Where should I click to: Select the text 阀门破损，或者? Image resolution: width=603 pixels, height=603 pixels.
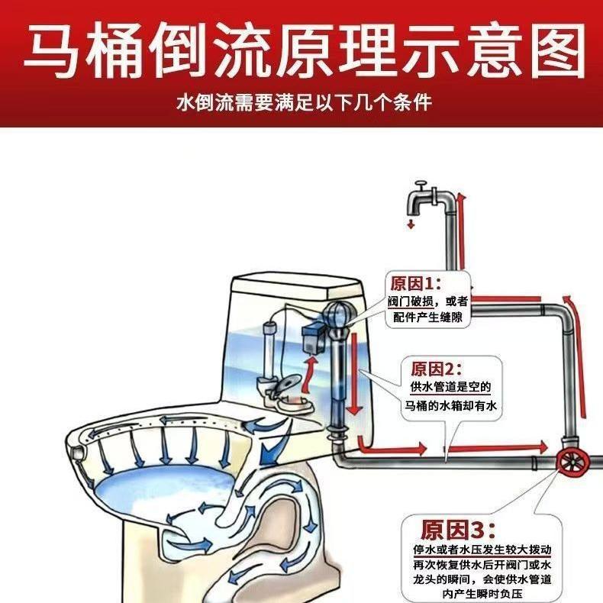(x=428, y=301)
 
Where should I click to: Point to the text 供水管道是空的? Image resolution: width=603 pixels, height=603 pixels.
(x=446, y=388)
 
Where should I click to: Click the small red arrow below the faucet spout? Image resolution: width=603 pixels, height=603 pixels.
(x=411, y=224)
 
